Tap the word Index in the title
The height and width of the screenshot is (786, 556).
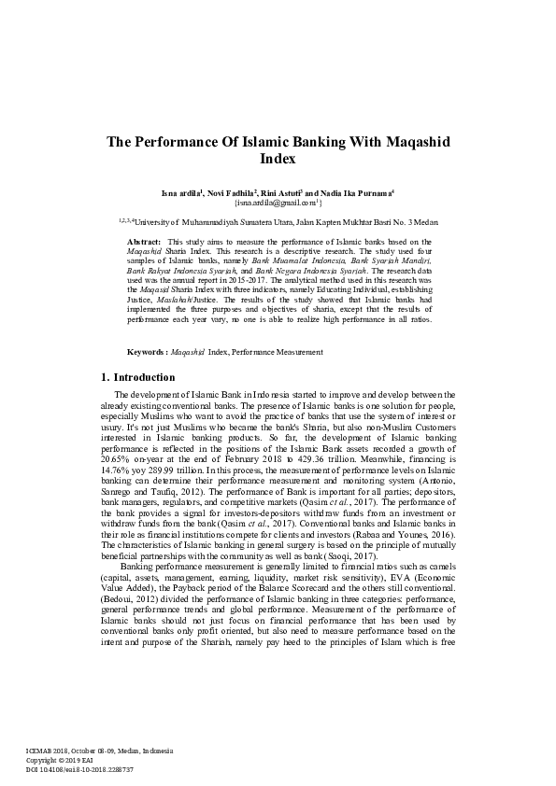278,160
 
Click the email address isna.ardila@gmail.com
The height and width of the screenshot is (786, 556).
277,201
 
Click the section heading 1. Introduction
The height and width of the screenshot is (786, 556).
137,378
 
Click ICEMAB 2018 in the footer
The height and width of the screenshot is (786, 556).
54,751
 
